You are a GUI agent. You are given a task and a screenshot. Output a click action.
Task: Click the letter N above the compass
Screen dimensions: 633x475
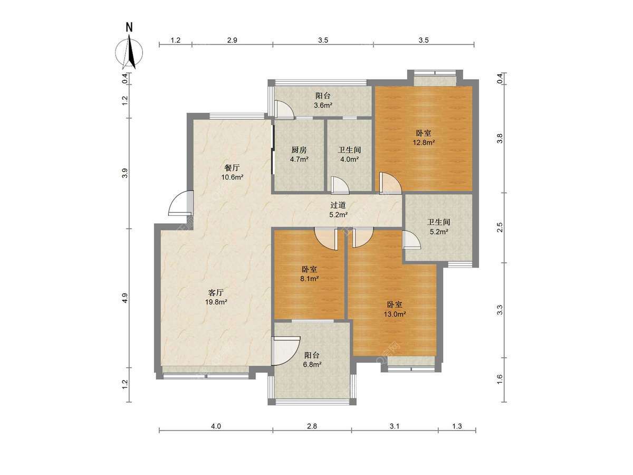point(129,27)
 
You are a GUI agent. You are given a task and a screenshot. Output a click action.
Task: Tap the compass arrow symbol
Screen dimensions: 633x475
point(129,52)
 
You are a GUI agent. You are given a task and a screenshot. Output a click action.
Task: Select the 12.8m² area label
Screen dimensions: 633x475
point(424,142)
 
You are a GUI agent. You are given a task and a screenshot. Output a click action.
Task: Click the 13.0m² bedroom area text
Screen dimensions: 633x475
point(395,314)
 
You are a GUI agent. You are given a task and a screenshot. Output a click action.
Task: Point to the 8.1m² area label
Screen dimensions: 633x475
point(310,279)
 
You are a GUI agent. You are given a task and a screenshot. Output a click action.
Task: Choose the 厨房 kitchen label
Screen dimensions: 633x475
point(299,150)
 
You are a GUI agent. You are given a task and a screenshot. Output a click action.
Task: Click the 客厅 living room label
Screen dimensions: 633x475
point(216,293)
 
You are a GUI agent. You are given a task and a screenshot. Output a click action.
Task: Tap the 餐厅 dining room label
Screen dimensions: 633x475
point(232,167)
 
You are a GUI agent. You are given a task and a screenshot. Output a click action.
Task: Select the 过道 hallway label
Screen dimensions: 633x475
point(338,205)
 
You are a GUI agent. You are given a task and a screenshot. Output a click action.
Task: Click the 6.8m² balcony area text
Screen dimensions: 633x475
point(312,365)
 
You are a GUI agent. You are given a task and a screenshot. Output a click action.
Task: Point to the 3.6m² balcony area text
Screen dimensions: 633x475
point(323,105)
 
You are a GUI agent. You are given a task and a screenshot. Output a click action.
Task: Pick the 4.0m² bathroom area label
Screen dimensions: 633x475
point(350,159)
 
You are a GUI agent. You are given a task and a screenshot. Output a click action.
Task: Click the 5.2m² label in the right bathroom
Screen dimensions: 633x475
point(439,231)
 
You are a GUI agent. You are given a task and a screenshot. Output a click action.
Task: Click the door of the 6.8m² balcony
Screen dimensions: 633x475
point(286,350)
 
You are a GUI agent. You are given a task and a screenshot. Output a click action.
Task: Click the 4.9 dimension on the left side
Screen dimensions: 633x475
point(124,298)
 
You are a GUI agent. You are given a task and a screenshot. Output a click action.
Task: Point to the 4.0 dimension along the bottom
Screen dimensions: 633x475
point(216,426)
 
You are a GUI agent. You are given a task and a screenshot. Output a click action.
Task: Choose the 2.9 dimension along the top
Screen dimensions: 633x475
point(232,40)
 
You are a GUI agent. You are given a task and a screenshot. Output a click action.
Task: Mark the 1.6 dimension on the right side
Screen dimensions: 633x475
point(500,379)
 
